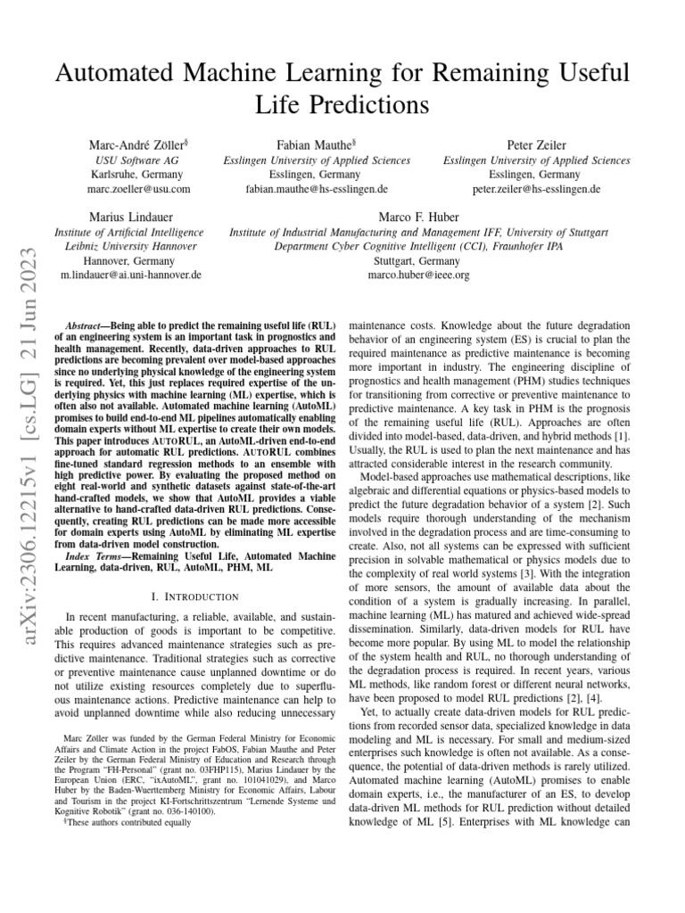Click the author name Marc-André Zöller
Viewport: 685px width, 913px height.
[x=136, y=144]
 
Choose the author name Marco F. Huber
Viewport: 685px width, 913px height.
[x=418, y=217]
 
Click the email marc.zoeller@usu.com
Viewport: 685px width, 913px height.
[x=138, y=189]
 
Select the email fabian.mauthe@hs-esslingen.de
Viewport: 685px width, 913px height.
[x=317, y=189]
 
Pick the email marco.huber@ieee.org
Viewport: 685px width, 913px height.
[x=418, y=276]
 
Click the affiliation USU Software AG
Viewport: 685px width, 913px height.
[x=137, y=160]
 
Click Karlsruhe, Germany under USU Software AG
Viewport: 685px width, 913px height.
[x=137, y=175]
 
